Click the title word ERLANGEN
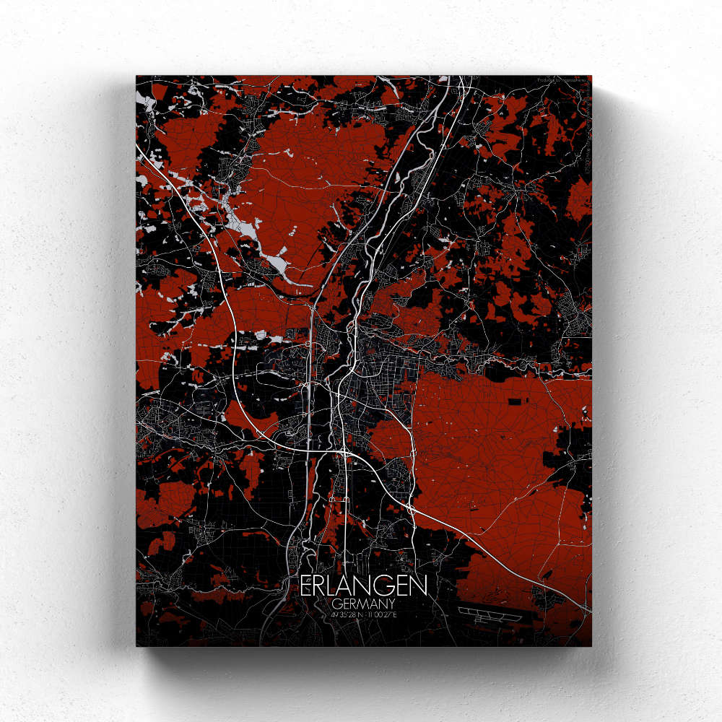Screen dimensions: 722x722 click(x=365, y=586)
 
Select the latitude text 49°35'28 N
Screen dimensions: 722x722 click(x=345, y=614)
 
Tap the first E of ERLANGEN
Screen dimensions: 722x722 click(x=306, y=586)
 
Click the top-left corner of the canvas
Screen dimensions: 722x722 click(x=136, y=76)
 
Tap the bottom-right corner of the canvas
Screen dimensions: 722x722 click(x=591, y=645)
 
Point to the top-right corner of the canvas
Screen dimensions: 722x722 click(x=591, y=76)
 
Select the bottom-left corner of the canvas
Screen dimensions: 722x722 click(x=136, y=645)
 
